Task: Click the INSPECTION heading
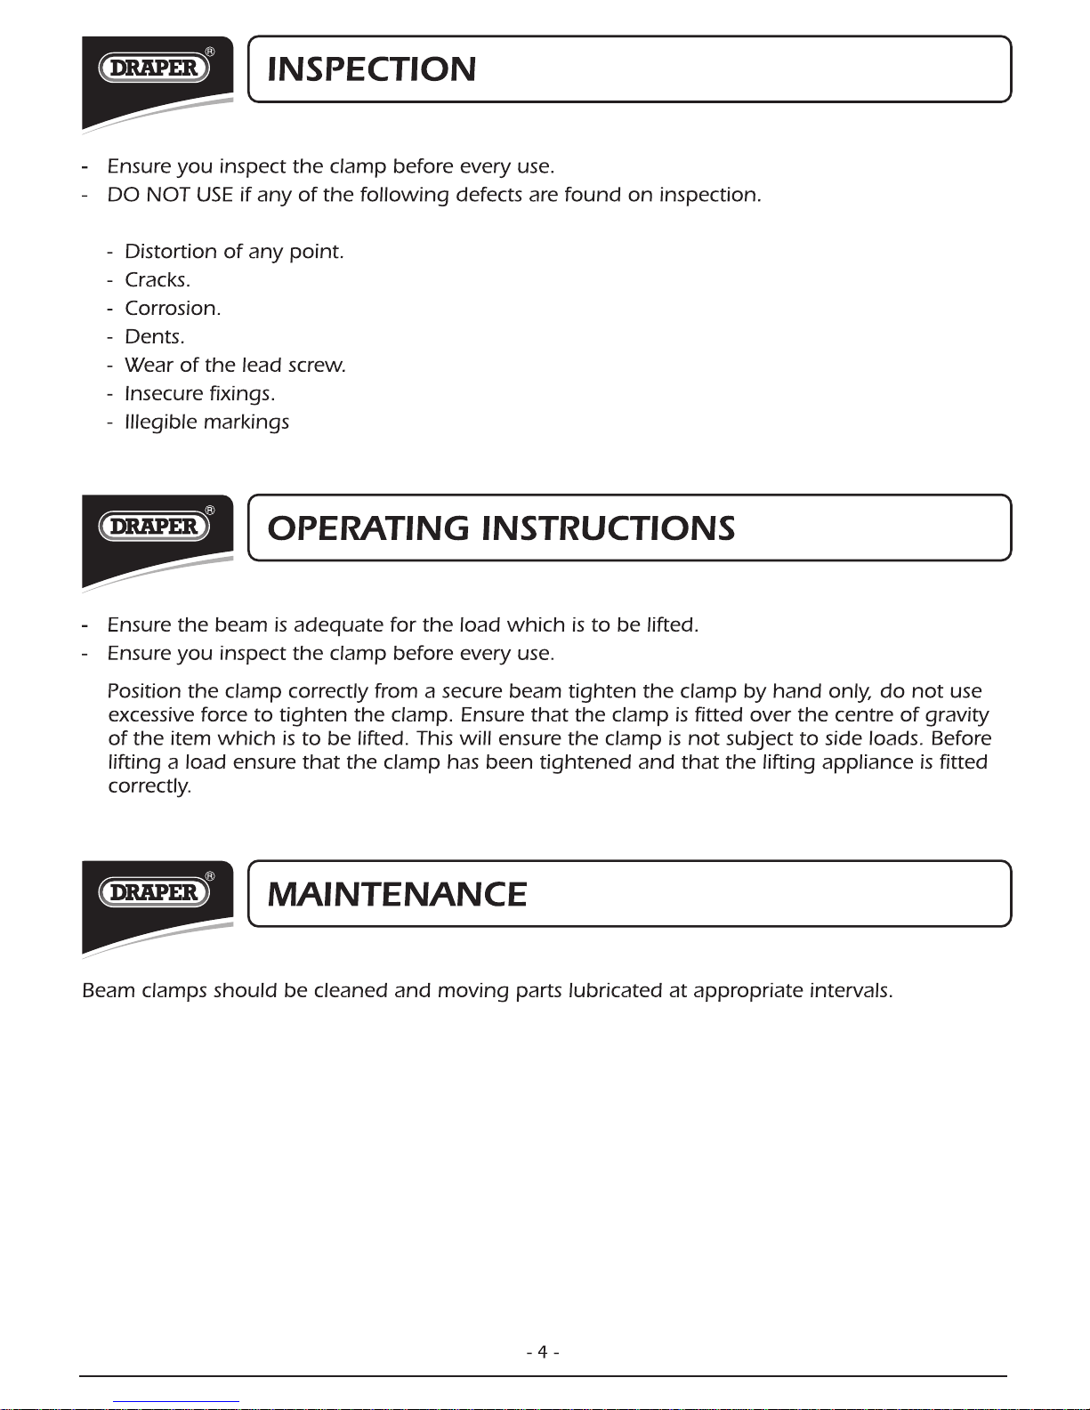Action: [x=372, y=69]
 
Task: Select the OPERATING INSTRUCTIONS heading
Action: [x=501, y=528]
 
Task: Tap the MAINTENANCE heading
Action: [x=397, y=894]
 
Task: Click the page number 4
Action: [x=542, y=1352]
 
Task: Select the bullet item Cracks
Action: [x=157, y=280]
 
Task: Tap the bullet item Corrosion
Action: [x=173, y=309]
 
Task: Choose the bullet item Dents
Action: [x=155, y=337]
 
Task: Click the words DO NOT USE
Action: [x=170, y=195]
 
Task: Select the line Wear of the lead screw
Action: [x=235, y=366]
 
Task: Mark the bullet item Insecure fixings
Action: [x=200, y=394]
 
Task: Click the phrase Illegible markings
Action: [x=206, y=423]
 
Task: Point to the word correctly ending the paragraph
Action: [x=149, y=787]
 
